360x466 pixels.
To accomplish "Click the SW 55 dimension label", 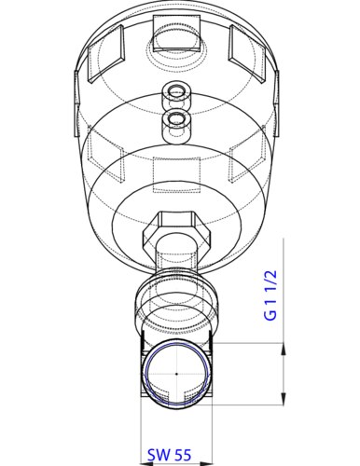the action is pos(169,456).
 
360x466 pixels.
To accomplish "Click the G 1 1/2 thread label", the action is pos(270,295).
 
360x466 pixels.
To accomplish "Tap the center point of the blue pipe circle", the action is pos(176,374).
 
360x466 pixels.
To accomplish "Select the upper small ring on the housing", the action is pos(176,92).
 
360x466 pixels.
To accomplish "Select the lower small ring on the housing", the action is pos(176,118).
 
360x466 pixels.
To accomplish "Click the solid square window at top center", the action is pos(176,34).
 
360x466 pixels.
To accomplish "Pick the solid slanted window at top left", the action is pos(106,54).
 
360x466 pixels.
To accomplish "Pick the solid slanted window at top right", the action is pos(247,54).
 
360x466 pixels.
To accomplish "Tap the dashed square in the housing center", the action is pos(176,174).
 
